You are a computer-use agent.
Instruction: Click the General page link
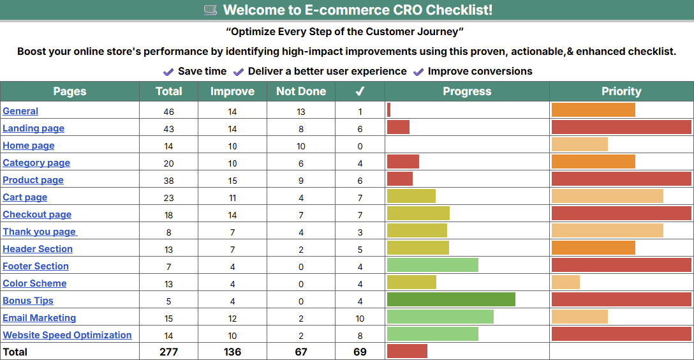tap(20, 111)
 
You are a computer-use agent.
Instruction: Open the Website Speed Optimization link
tap(67, 335)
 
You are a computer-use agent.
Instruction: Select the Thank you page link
tap(39, 232)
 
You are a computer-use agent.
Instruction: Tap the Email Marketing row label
tap(39, 318)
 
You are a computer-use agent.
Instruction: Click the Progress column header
tap(467, 91)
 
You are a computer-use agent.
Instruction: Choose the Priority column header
tap(621, 91)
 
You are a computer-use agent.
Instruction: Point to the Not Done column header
tap(301, 91)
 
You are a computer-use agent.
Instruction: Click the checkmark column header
tap(360, 91)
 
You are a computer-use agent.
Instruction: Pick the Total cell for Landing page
tap(168, 129)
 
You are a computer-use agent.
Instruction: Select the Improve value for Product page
tap(232, 181)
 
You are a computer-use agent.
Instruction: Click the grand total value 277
tap(168, 352)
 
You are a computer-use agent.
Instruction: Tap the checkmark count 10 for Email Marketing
tap(360, 319)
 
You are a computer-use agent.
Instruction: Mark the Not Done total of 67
tap(301, 352)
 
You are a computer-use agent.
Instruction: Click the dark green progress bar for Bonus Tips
tap(451, 299)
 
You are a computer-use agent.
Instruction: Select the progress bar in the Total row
tap(407, 351)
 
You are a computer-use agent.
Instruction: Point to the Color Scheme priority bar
tap(566, 282)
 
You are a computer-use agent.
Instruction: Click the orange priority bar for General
tap(593, 110)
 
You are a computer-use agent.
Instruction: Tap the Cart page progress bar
tap(411, 196)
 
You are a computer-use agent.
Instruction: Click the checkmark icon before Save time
tap(168, 72)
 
